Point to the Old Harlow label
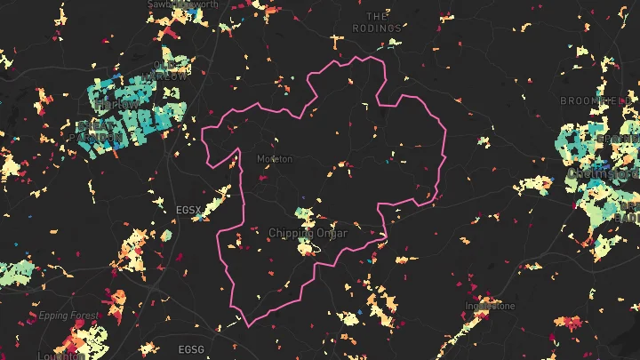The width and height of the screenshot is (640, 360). pyautogui.click(x=168, y=76)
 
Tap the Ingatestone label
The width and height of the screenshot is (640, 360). pyautogui.click(x=490, y=307)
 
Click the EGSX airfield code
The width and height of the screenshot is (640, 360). pyautogui.click(x=189, y=210)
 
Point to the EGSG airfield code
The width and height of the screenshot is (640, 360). pyautogui.click(x=191, y=349)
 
